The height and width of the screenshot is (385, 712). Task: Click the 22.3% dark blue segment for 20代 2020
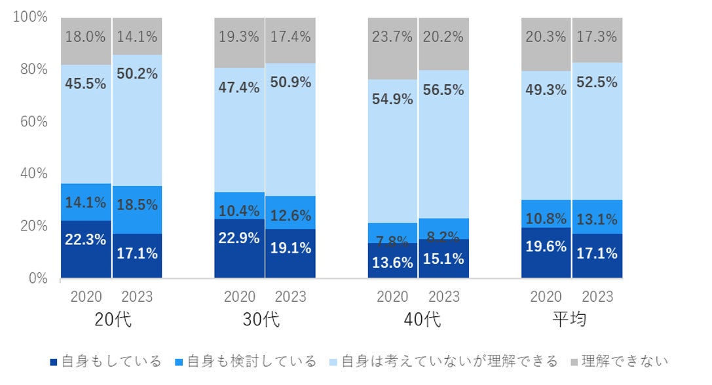coord(86,249)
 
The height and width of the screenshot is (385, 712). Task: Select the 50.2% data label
coord(137,74)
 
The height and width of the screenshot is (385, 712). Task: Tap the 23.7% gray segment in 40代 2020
coord(393,48)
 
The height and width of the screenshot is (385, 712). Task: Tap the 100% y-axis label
coord(29,17)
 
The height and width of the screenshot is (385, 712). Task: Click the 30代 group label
coord(265,320)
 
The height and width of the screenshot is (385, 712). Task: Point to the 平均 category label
coord(571,320)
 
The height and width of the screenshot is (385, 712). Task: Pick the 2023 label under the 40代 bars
coord(444,297)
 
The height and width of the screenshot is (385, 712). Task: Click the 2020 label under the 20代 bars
coord(86,297)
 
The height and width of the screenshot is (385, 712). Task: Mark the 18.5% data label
coord(137,205)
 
